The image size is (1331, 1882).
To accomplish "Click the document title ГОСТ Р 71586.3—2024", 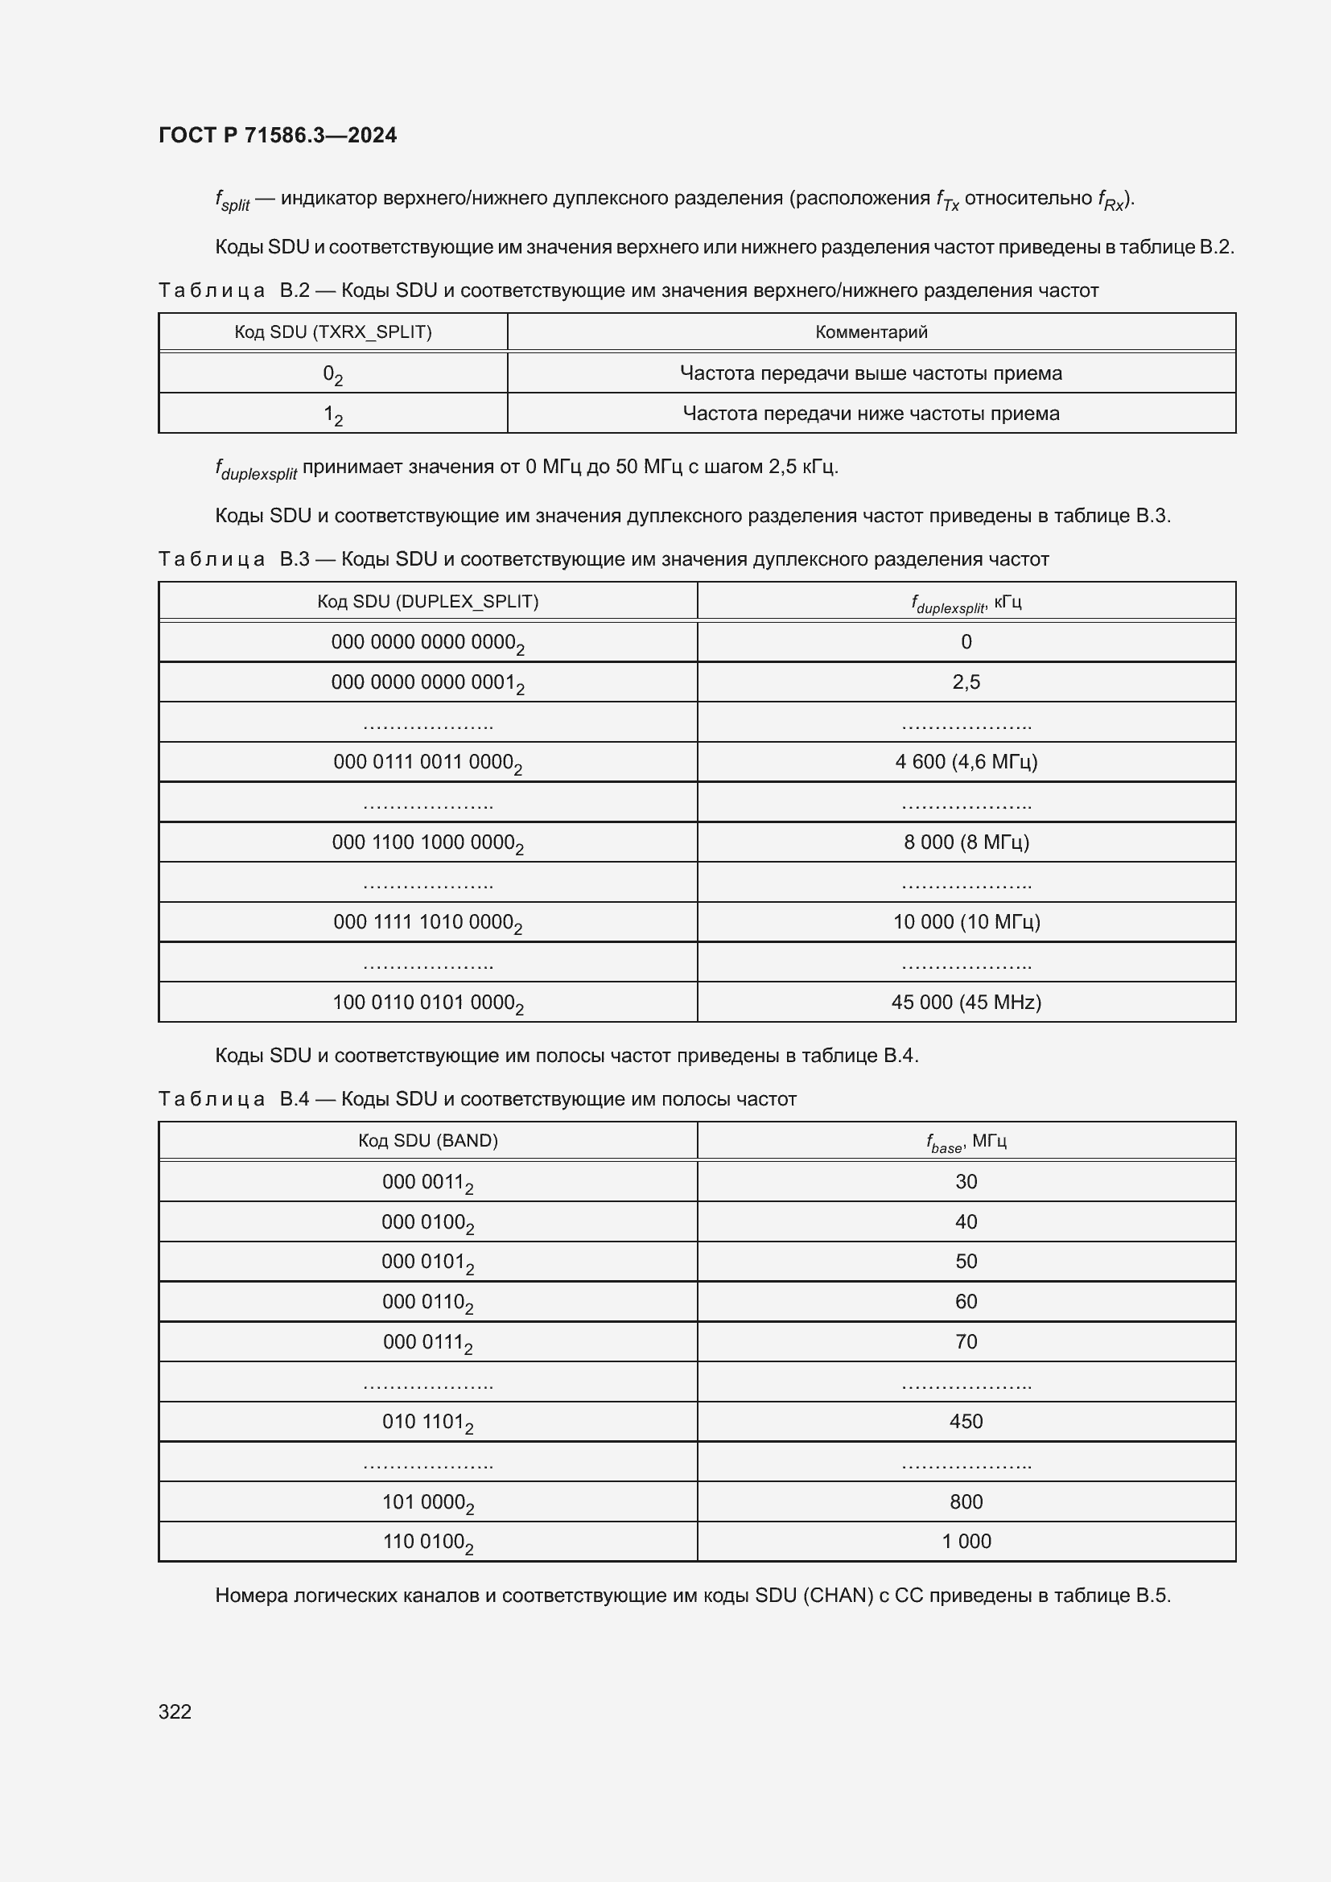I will tap(277, 135).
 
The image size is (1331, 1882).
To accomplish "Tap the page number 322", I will tap(175, 1711).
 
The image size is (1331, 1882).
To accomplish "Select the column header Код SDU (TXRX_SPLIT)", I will tap(333, 332).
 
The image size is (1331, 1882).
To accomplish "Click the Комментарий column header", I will tap(872, 332).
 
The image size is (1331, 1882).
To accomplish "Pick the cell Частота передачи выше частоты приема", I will tap(872, 373).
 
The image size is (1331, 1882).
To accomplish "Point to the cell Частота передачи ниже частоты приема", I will tap(872, 413).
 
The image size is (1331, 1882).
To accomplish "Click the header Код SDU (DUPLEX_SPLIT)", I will tap(428, 602).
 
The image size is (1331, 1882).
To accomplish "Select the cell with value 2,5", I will tap(966, 682).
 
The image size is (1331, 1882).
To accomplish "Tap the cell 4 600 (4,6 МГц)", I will tap(966, 761).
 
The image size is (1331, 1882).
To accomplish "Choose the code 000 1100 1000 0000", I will tap(428, 842).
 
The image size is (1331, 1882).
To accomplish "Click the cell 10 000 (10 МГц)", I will tap(966, 922).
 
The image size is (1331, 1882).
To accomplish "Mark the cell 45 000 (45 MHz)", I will tap(966, 1002).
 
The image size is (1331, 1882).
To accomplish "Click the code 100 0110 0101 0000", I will tap(428, 1003).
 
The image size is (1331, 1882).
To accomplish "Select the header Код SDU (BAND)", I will tap(428, 1141).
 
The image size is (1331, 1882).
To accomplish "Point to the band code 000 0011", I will tap(428, 1182).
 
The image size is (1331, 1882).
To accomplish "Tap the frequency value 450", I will tap(966, 1421).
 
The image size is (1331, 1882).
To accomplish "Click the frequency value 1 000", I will tap(966, 1541).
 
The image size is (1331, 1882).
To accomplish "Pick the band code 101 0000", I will tap(428, 1501).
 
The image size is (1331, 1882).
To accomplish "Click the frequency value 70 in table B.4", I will tap(966, 1342).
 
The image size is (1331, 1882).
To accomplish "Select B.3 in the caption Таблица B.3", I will tap(295, 559).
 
